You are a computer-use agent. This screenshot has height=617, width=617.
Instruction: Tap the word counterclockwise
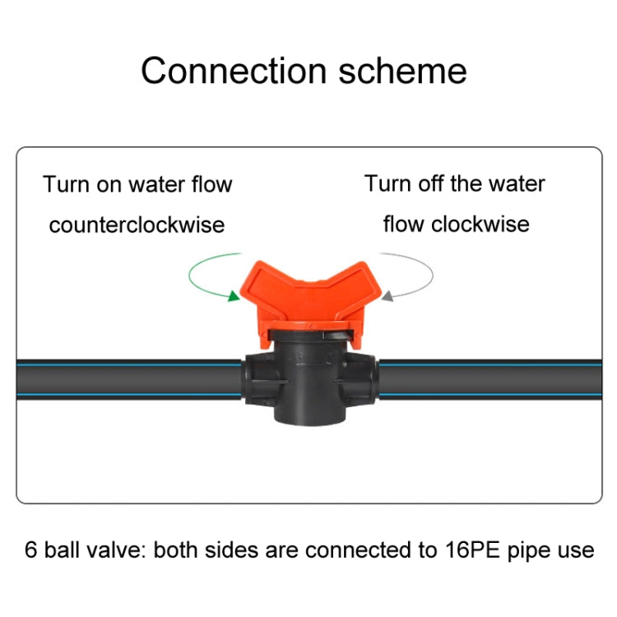[137, 225]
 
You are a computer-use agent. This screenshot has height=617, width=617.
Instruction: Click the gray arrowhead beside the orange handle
[387, 294]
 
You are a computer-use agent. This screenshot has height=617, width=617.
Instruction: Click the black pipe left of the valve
[123, 378]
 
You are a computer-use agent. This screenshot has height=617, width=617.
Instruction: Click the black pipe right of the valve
[494, 378]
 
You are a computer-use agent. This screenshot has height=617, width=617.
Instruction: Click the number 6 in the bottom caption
[30, 550]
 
